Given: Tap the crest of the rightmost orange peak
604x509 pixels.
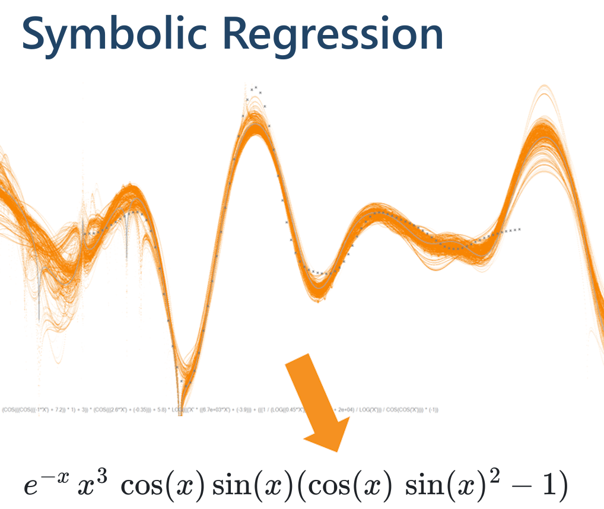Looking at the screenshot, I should coord(542,122).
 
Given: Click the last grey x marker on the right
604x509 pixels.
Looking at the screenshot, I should coord(520,229).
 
